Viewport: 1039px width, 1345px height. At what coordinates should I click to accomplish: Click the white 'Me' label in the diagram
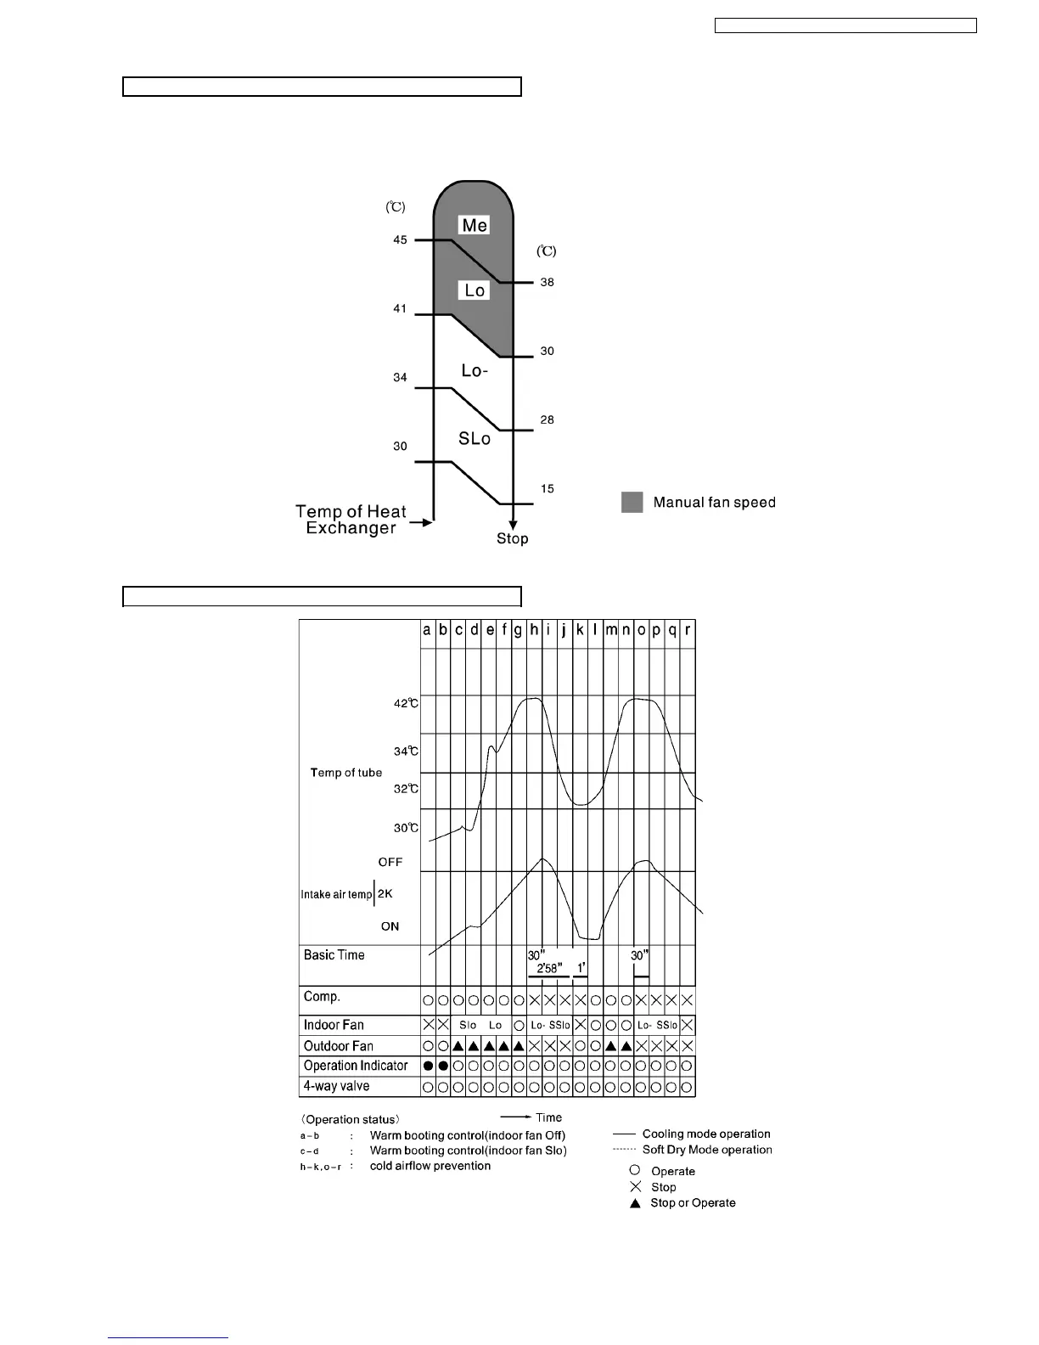(475, 225)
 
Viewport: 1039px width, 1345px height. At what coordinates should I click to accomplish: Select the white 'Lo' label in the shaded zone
(475, 290)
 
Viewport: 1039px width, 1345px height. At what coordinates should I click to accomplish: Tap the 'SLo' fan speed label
(475, 438)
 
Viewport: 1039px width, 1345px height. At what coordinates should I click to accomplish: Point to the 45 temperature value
(400, 240)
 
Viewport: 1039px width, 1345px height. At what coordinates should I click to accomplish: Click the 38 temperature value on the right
(548, 282)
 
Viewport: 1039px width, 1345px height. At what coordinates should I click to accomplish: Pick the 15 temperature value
(548, 488)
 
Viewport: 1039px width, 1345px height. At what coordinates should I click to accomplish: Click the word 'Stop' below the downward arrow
(513, 538)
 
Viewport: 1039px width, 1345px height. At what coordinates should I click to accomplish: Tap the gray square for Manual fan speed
(632, 502)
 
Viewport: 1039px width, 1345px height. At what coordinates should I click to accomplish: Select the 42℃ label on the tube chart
(406, 703)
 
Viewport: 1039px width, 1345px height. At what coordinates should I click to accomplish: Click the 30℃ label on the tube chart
(406, 828)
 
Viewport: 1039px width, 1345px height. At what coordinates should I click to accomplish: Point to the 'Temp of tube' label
(346, 773)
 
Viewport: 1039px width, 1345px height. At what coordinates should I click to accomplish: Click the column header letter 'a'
(427, 631)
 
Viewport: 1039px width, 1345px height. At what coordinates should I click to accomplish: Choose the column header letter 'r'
(688, 631)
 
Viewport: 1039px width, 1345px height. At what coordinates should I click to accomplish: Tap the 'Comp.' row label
(322, 997)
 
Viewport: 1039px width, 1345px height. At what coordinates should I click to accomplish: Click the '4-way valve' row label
(337, 1086)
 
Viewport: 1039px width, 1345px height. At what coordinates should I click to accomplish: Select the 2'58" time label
(549, 969)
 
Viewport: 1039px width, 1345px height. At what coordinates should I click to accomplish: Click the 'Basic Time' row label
(334, 955)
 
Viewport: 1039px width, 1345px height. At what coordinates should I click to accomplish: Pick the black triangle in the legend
(635, 1203)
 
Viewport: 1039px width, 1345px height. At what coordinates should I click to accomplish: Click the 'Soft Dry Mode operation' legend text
(707, 1150)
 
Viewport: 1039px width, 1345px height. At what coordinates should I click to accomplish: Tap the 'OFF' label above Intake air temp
(390, 862)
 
